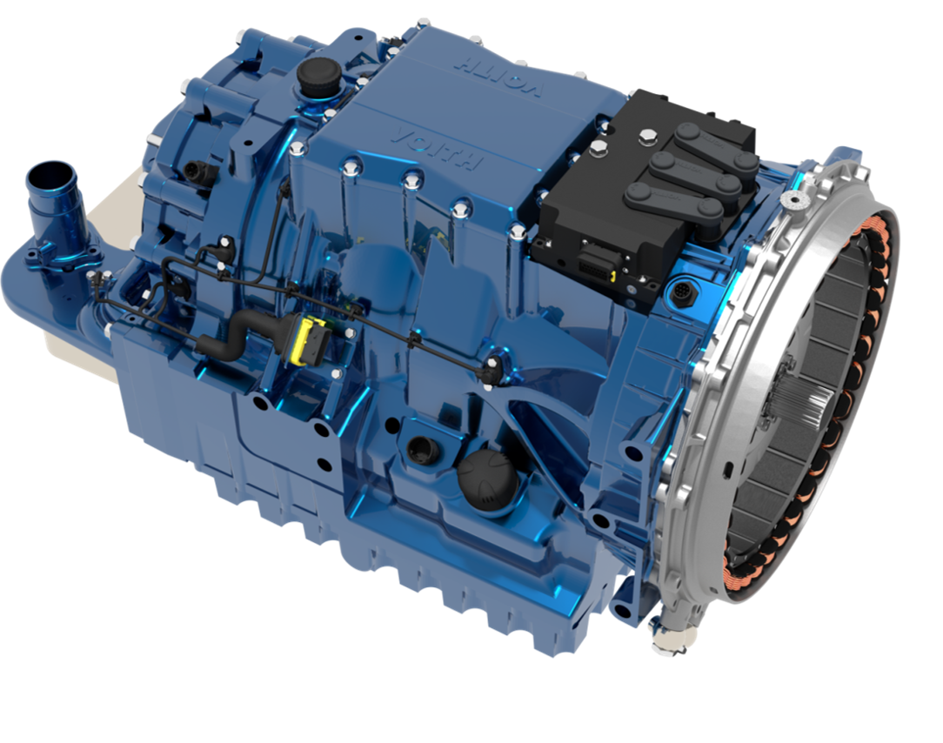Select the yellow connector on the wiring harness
307,340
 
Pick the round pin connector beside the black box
681,292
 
